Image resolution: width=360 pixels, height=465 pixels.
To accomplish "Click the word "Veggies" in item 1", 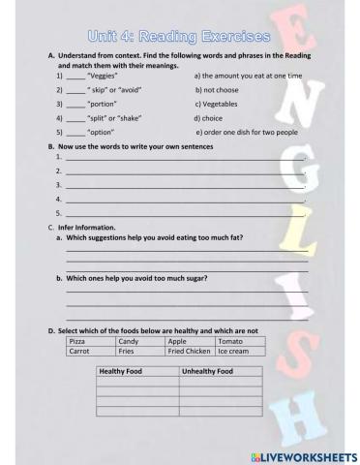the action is (x=102, y=75).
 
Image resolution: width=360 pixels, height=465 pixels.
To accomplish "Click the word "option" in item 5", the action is (x=101, y=130).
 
